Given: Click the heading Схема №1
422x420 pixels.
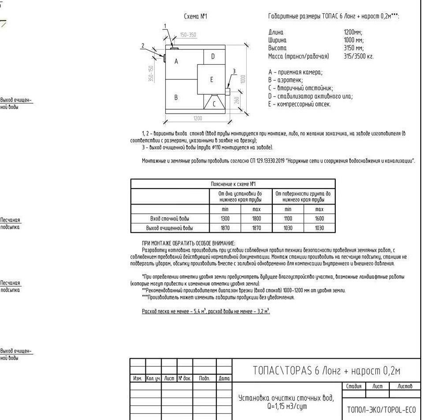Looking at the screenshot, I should click(195, 17).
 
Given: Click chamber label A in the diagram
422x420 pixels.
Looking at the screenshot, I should click(176, 61).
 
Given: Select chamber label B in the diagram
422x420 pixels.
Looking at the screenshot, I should click(176, 97).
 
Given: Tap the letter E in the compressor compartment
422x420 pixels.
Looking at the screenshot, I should click(211, 80).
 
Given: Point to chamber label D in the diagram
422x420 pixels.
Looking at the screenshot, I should click(213, 56).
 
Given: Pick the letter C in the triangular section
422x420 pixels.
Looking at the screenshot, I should click(215, 104).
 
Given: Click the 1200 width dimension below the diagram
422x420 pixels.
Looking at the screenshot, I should click(197, 118).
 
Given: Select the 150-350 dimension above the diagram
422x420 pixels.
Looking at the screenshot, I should click(188, 35).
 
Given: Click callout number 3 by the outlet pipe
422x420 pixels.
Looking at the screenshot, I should click(234, 71).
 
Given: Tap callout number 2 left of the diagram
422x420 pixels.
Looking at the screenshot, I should click(143, 45).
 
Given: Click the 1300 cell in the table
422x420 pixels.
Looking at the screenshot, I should click(225, 219).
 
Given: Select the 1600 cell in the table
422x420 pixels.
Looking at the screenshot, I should click(319, 219).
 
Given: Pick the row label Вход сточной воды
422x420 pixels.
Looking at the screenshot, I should click(170, 219).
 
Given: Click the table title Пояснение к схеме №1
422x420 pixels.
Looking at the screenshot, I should click(233, 184).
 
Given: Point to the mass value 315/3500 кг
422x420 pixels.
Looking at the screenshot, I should click(359, 56).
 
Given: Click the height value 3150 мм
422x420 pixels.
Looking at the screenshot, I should click(353, 48).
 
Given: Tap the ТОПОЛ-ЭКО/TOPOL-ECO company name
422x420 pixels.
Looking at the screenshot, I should click(381, 409).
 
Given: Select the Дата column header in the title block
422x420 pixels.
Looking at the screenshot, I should click(224, 379).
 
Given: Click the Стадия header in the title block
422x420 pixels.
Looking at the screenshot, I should click(354, 387).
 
